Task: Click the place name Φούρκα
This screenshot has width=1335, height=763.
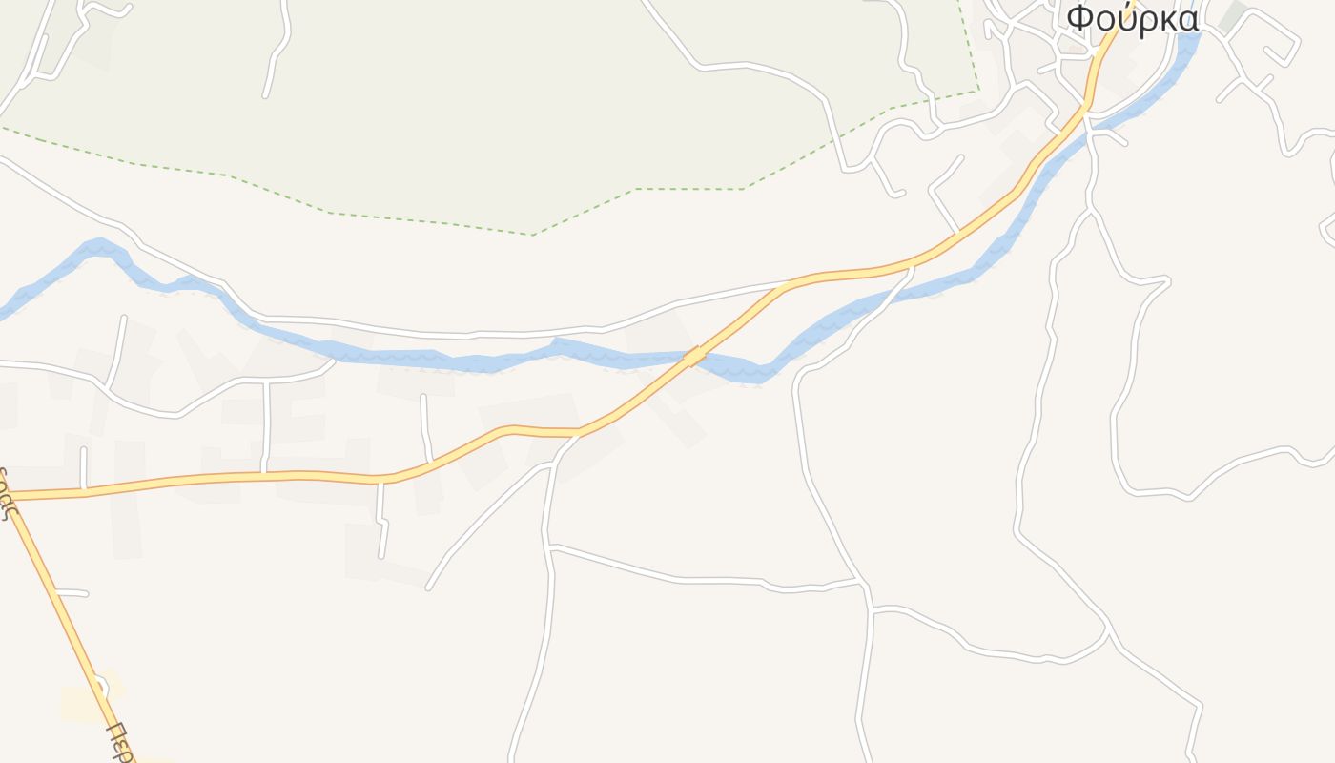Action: pyautogui.click(x=1132, y=19)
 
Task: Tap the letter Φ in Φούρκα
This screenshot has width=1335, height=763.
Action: pyautogui.click(x=1079, y=19)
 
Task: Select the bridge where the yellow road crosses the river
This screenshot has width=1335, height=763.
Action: pyautogui.click(x=695, y=356)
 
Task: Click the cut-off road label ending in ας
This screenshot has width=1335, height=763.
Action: pyautogui.click(x=8, y=491)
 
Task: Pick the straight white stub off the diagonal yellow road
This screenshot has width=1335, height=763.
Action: pyautogui.click(x=72, y=593)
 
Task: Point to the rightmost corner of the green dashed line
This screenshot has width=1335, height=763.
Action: pyautogui.click(x=978, y=91)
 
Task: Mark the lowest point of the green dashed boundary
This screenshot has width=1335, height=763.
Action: pyautogui.click(x=533, y=234)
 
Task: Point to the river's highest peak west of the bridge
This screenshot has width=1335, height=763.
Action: pyautogui.click(x=98, y=245)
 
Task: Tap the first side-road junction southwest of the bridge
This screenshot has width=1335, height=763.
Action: pyautogui.click(x=578, y=435)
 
